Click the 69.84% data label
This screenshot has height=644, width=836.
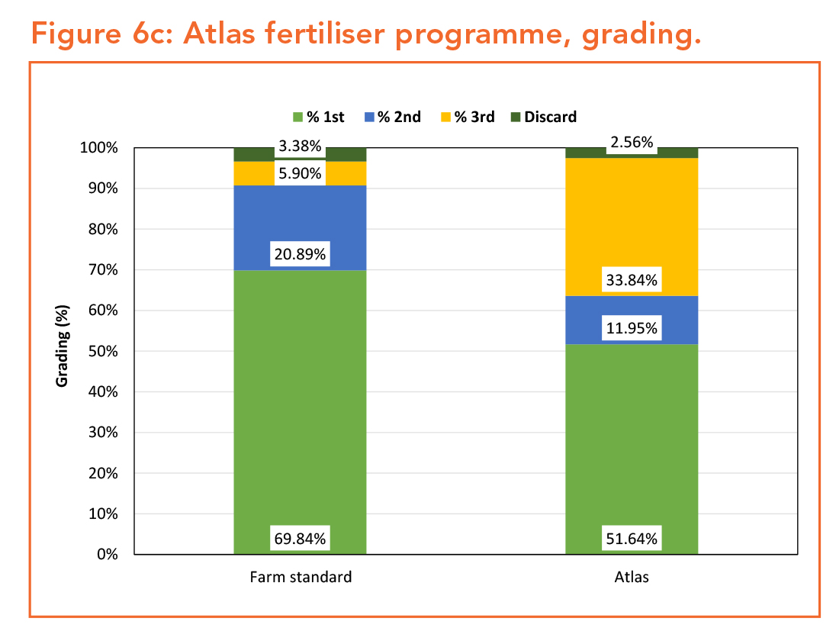(300, 539)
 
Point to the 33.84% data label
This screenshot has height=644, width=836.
(631, 281)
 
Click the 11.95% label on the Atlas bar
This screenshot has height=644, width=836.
(631, 329)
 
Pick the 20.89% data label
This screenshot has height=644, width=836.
(300, 255)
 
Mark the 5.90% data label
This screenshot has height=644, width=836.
(300, 174)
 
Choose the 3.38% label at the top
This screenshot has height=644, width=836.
(300, 147)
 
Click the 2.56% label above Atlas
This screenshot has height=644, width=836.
(631, 143)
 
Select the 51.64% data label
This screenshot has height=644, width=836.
(631, 539)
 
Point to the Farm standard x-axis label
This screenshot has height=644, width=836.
(301, 577)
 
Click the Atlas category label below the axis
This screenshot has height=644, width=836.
(632, 577)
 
